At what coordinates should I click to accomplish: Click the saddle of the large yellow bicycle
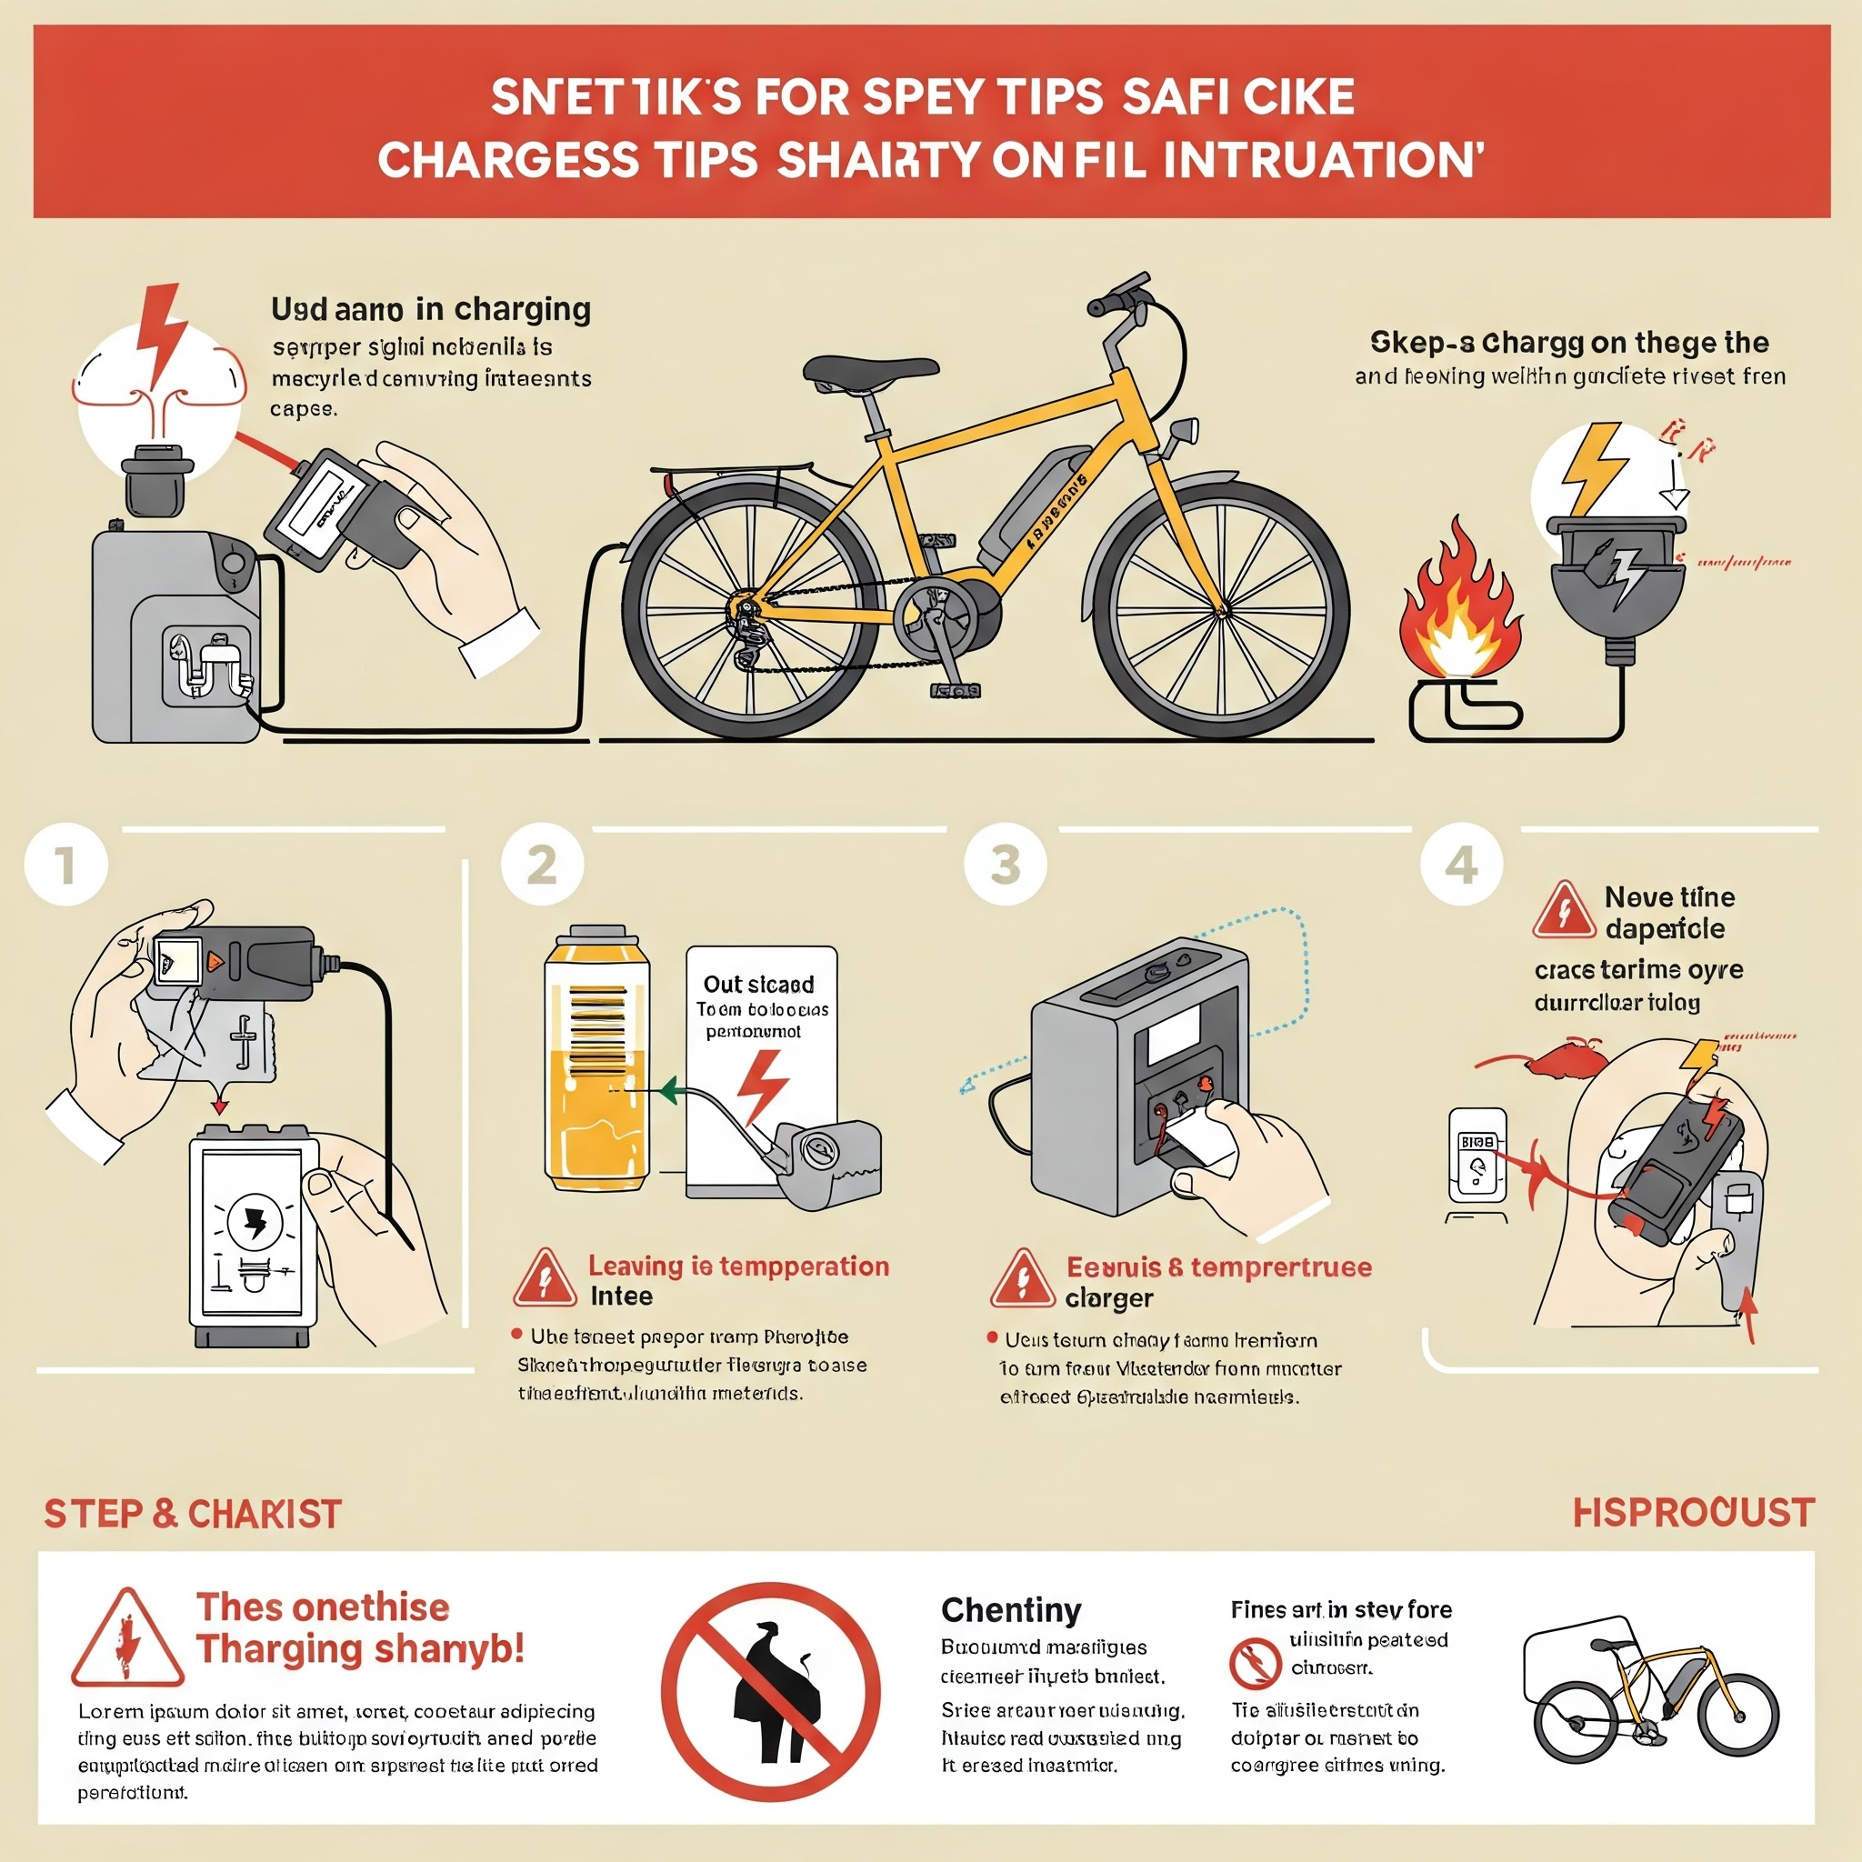point(870,370)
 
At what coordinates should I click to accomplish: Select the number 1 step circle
point(65,865)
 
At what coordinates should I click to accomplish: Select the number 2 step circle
point(543,865)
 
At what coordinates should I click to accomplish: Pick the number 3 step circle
point(1006,865)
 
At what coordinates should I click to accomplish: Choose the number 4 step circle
point(1461,865)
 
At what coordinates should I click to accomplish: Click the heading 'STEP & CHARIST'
point(193,1514)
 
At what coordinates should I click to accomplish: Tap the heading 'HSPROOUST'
point(1693,1513)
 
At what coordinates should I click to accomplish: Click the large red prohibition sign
point(770,1692)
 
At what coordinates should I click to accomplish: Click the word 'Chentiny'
point(1010,1610)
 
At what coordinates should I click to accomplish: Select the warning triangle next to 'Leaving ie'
point(545,1279)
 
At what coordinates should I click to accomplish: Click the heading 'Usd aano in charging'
point(431,309)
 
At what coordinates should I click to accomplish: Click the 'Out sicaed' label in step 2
point(758,984)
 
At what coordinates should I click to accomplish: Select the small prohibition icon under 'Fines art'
point(1254,1662)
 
